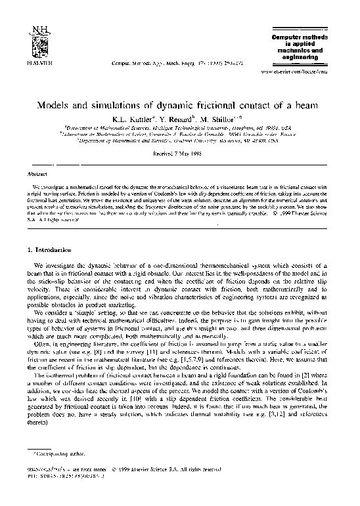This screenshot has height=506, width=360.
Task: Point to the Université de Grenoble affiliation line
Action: (182, 135)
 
